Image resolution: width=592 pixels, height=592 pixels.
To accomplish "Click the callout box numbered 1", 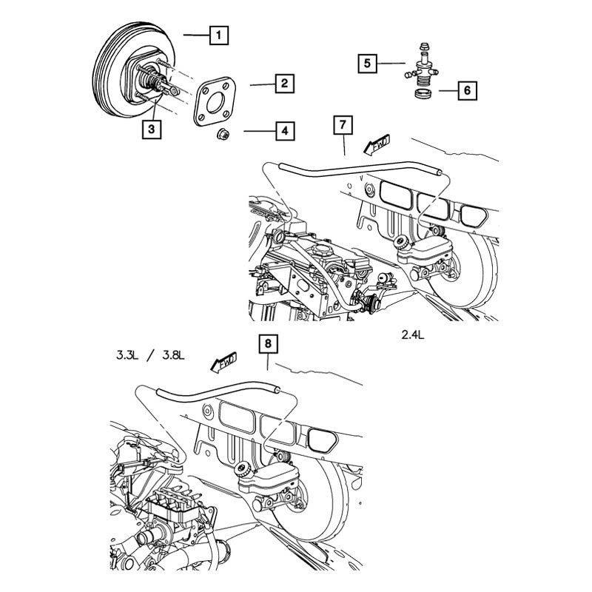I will coord(219,34).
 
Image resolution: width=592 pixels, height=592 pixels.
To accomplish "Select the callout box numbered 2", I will coord(283,84).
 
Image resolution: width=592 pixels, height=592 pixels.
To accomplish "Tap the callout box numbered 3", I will coord(151,130).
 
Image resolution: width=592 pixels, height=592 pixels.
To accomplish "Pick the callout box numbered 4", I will coord(283,132).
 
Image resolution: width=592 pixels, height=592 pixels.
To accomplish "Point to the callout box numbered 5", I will coord(367,64).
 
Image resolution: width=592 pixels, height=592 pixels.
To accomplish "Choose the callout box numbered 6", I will coord(467,91).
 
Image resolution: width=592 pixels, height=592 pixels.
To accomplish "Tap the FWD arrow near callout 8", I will coord(223,362).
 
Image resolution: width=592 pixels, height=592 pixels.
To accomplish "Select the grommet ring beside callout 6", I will coord(424,96).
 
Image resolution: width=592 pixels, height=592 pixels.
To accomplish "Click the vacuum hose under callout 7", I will coord(355,173).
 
